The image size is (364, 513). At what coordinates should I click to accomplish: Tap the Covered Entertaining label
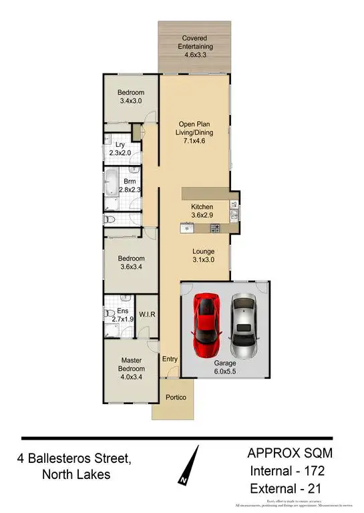195,43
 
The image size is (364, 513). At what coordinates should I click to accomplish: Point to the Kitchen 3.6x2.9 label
202,211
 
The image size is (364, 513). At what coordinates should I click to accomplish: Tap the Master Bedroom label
131,369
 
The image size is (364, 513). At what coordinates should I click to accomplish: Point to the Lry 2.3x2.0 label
120,149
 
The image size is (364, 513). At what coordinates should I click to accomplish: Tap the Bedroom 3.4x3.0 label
131,97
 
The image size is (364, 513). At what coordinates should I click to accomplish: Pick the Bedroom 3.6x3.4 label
131,261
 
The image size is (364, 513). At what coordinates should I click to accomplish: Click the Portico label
176,398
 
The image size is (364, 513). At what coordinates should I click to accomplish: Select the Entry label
170,359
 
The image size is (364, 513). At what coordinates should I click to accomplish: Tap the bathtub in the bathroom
110,182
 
